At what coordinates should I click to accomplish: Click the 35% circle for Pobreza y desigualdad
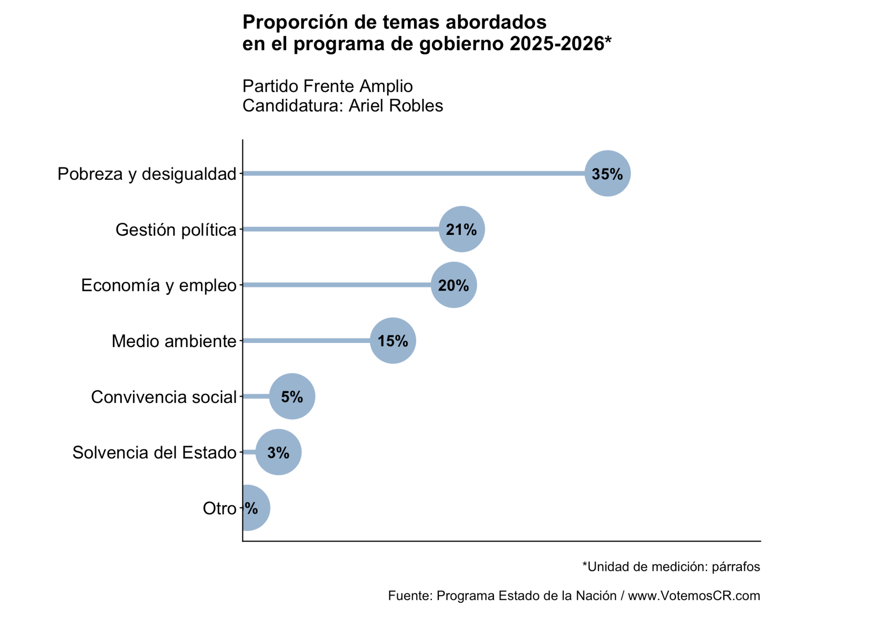(608, 173)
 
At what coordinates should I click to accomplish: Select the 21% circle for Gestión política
(462, 229)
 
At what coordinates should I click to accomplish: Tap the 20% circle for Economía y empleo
(454, 285)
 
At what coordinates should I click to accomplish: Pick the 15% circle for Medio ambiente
(393, 341)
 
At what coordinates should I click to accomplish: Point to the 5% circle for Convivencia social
(292, 397)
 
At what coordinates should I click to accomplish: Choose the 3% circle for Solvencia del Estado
(278, 452)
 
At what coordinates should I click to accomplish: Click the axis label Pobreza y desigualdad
(147, 174)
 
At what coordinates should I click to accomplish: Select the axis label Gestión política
(176, 230)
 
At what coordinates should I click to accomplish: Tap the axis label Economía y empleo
(159, 285)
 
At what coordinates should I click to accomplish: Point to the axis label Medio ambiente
(174, 341)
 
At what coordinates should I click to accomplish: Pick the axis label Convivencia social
(164, 397)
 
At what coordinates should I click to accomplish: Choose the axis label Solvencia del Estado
(154, 453)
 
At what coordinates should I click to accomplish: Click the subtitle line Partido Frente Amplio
(328, 86)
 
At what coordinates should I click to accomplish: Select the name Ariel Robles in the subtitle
(396, 106)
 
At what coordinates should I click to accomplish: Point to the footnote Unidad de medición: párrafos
(673, 567)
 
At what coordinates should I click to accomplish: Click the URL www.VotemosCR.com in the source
(694, 595)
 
